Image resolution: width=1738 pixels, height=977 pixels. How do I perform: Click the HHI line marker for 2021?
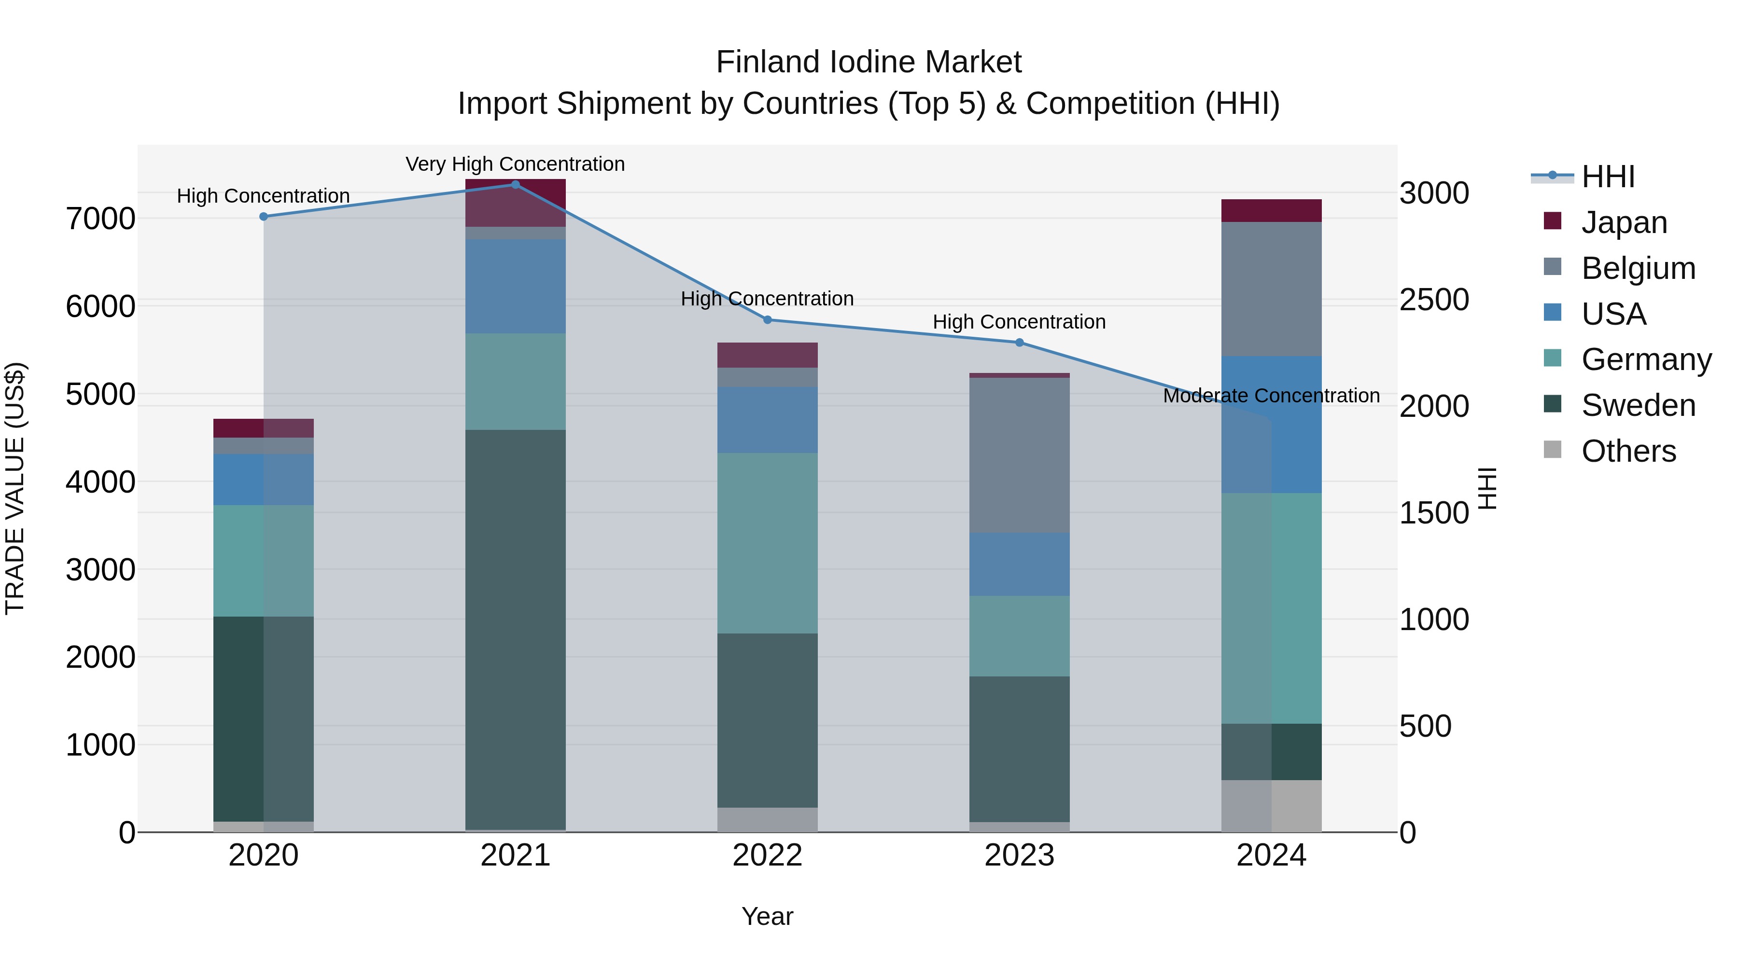coord(516,184)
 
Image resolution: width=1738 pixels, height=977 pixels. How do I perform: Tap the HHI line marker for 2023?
coord(1020,343)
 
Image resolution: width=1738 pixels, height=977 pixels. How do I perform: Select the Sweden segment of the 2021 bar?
coord(516,629)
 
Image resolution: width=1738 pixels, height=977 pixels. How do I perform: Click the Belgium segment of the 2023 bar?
coord(1020,455)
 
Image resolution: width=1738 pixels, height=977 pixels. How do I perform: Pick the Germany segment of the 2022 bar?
coord(767,543)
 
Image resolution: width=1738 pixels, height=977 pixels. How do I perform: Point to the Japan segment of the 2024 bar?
coord(1271,210)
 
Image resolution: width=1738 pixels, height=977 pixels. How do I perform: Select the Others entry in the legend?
coord(1628,451)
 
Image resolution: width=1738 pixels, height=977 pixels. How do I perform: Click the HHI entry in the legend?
coord(1608,177)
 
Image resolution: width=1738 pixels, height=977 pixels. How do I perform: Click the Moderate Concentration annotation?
coord(1271,395)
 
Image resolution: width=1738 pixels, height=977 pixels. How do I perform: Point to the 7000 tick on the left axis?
coord(100,219)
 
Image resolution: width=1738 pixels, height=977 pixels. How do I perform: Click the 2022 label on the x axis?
coord(767,855)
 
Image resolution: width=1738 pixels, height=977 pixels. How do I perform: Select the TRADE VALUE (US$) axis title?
coord(15,488)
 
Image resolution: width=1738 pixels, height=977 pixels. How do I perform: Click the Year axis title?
coord(767,916)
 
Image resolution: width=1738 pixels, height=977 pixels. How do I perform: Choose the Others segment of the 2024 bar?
coord(1271,806)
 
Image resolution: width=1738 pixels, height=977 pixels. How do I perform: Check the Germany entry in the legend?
coord(1646,359)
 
